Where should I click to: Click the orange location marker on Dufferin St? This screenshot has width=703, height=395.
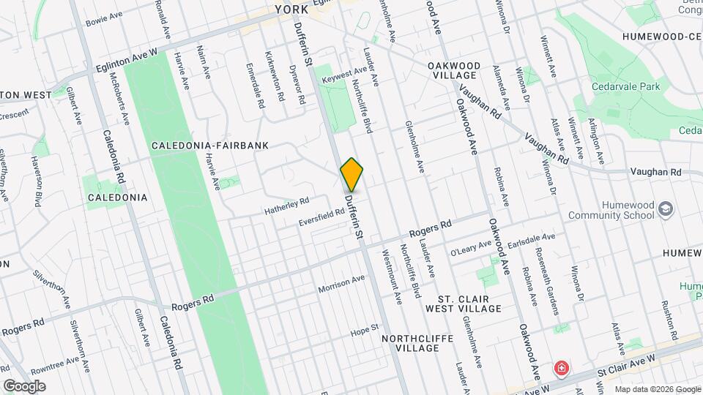(x=352, y=174)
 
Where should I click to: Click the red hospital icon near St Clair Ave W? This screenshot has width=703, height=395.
(x=562, y=366)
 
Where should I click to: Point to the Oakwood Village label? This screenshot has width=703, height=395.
(x=455, y=70)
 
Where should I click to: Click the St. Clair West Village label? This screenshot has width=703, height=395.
(x=469, y=304)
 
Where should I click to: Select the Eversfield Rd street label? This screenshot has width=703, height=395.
(x=323, y=217)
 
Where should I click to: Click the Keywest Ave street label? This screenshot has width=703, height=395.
(x=343, y=72)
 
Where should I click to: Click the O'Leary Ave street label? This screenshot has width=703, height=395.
(x=471, y=248)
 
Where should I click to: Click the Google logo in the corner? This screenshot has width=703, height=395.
(x=24, y=385)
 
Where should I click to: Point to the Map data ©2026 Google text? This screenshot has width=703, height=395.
(x=656, y=389)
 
